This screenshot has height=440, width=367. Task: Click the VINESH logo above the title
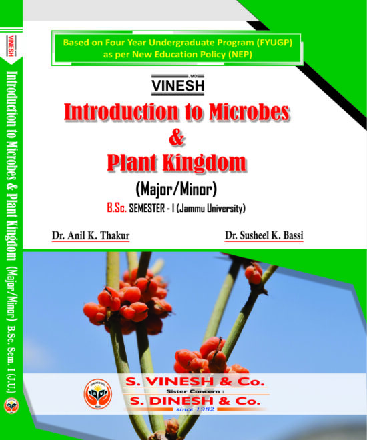tap(177, 85)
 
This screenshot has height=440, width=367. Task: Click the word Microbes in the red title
tap(249, 112)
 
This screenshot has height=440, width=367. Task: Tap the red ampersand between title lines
tap(177, 137)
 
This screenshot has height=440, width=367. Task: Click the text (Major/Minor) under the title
tap(176, 189)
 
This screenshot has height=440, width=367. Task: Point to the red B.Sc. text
tap(117, 208)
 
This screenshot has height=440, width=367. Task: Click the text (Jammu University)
tap(211, 208)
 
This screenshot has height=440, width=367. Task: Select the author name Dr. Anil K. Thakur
tap(91, 235)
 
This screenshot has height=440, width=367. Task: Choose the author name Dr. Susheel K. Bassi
tap(264, 235)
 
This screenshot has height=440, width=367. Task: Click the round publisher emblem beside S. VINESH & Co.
tap(98, 394)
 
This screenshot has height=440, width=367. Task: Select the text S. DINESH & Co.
tap(195, 401)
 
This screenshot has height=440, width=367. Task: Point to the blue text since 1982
tap(195, 409)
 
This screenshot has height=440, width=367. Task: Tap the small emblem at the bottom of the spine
tap(11, 406)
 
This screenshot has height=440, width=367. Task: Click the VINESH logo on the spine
tap(11, 46)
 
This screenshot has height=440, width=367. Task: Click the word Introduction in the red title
tap(121, 112)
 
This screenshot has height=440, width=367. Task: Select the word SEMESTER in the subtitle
tap(147, 208)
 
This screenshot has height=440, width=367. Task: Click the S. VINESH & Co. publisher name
tap(195, 381)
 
